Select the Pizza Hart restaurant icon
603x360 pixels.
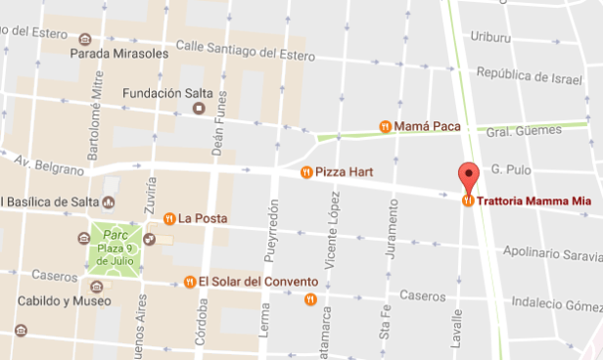pyautogui.click(x=307, y=172)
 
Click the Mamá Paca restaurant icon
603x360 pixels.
pyautogui.click(x=386, y=126)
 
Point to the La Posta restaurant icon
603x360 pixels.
pyautogui.click(x=169, y=217)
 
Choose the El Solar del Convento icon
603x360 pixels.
pyautogui.click(x=189, y=282)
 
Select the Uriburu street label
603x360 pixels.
pyautogui.click(x=490, y=36)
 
